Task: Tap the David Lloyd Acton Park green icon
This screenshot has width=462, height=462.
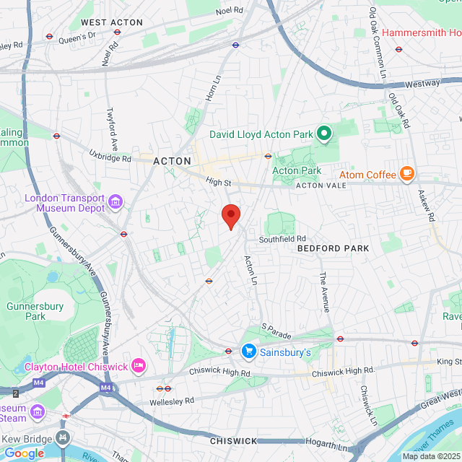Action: click(324, 133)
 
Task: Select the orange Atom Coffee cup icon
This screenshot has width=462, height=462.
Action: click(407, 174)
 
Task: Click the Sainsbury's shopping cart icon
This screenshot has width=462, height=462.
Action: click(249, 352)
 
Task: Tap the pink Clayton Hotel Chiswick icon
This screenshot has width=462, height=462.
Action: click(139, 366)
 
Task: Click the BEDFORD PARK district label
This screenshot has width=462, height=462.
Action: click(333, 248)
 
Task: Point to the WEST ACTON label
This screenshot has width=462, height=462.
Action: click(112, 23)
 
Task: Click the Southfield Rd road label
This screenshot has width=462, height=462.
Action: click(283, 238)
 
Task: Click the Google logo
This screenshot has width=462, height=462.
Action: click(24, 453)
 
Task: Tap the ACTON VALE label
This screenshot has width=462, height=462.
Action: click(321, 186)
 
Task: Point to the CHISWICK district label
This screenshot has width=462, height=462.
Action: click(233, 440)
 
